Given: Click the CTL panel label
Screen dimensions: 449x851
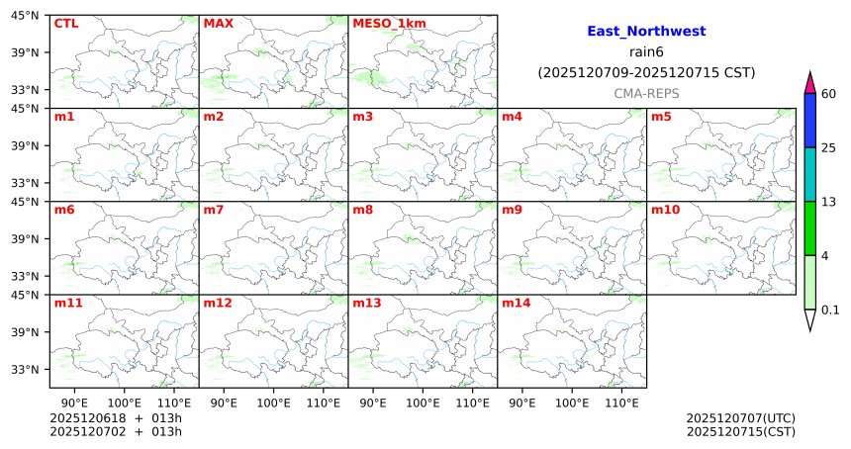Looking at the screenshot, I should pyautogui.click(x=66, y=24).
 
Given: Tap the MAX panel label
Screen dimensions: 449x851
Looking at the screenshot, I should pyautogui.click(x=218, y=24).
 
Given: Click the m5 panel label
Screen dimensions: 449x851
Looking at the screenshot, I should pyautogui.click(x=661, y=117).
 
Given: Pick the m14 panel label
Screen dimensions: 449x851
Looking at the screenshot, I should pyautogui.click(x=516, y=303).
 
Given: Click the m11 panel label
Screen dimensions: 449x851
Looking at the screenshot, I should pyautogui.click(x=68, y=303).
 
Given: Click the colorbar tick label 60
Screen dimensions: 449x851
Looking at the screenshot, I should pyautogui.click(x=829, y=94).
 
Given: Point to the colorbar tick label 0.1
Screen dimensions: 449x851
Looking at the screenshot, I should pyautogui.click(x=830, y=311).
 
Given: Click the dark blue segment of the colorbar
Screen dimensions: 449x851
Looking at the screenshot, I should pyautogui.click(x=810, y=121).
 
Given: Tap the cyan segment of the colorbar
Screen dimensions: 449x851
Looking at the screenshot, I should pyautogui.click(x=810, y=174).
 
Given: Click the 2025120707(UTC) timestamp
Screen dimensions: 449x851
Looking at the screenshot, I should pyautogui.click(x=740, y=418).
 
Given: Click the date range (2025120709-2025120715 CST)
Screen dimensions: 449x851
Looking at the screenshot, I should pyautogui.click(x=646, y=72).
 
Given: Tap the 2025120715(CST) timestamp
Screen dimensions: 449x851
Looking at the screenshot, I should pyautogui.click(x=740, y=431).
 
